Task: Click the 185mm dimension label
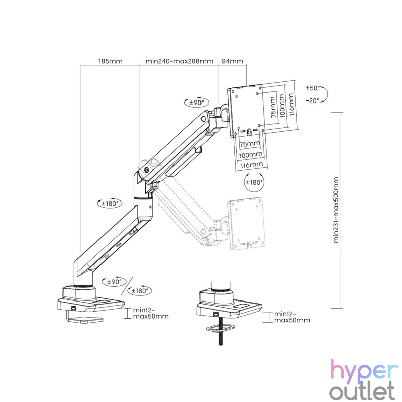point(111,61)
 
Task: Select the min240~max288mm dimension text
point(179,61)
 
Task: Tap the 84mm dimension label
point(232,61)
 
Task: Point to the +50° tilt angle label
point(313,88)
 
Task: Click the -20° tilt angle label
point(312,101)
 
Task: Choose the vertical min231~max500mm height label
point(336,210)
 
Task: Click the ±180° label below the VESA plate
point(254,182)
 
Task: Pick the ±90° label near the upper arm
point(197,103)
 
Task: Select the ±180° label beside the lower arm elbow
point(110,204)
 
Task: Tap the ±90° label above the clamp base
point(114,282)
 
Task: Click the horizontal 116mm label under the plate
point(252,165)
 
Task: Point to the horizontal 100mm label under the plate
point(251,155)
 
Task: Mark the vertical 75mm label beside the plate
point(273,107)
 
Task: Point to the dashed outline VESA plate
point(246,224)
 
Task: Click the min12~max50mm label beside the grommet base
point(292,317)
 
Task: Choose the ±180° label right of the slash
point(140,291)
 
